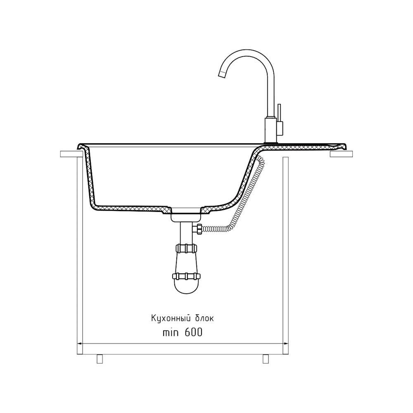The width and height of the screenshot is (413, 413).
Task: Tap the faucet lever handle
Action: click(x=279, y=113)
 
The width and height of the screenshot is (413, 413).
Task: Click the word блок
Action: click(x=204, y=318)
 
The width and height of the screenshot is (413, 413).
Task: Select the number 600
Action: click(x=194, y=332)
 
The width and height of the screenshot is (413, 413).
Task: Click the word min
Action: click(x=171, y=332)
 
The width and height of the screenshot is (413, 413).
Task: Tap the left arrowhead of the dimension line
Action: click(x=79, y=344)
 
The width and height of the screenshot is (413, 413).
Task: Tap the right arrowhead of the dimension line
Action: click(x=285, y=344)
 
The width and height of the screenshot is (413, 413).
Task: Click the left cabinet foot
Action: click(x=100, y=359)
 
